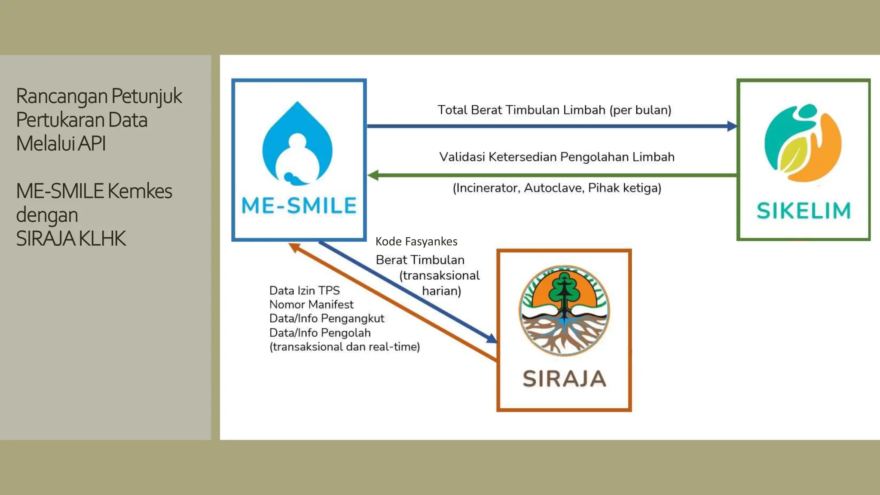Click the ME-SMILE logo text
pyautogui.click(x=299, y=205)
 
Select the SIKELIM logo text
pyautogui.click(x=804, y=211)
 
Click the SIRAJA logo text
pyautogui.click(x=564, y=379)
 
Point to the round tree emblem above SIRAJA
pyautogui.click(x=564, y=311)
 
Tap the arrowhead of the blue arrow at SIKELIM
pyautogui.click(x=732, y=126)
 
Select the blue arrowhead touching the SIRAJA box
pyautogui.click(x=492, y=339)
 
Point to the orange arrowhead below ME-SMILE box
pyautogui.click(x=294, y=247)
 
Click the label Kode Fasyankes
pyautogui.click(x=416, y=241)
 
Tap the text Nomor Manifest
pyautogui.click(x=311, y=305)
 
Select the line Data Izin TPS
pyautogui.click(x=304, y=290)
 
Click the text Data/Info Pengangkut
pyautogui.click(x=327, y=318)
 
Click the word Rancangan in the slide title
pyautogui.click(x=61, y=96)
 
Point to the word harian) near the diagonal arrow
pyautogui.click(x=441, y=291)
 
